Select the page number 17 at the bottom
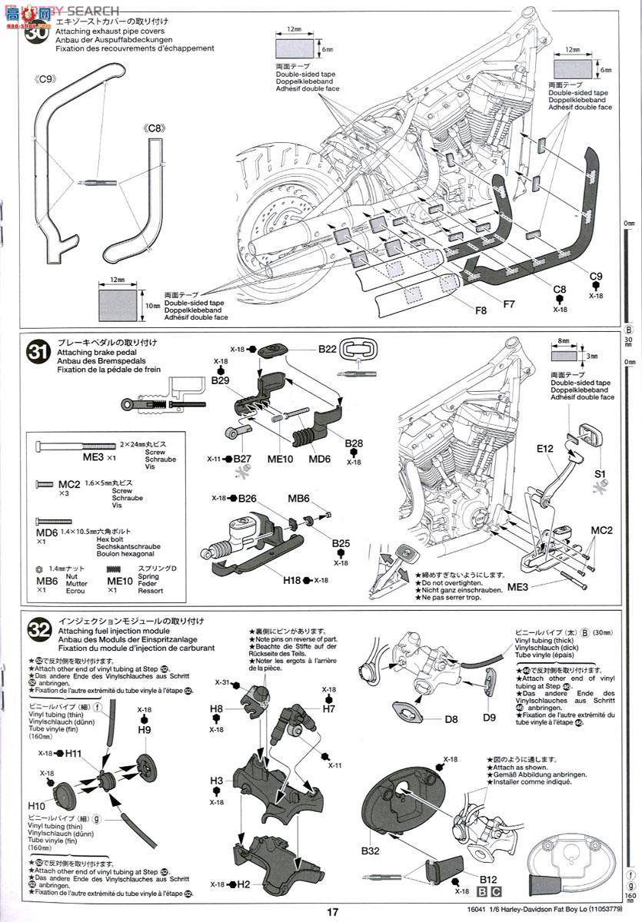click(331, 912)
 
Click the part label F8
click(482, 310)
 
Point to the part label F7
click(509, 303)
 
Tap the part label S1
click(600, 474)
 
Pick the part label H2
click(244, 884)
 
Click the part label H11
click(73, 754)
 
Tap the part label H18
click(291, 580)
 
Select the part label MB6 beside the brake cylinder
click(298, 499)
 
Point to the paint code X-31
click(223, 682)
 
